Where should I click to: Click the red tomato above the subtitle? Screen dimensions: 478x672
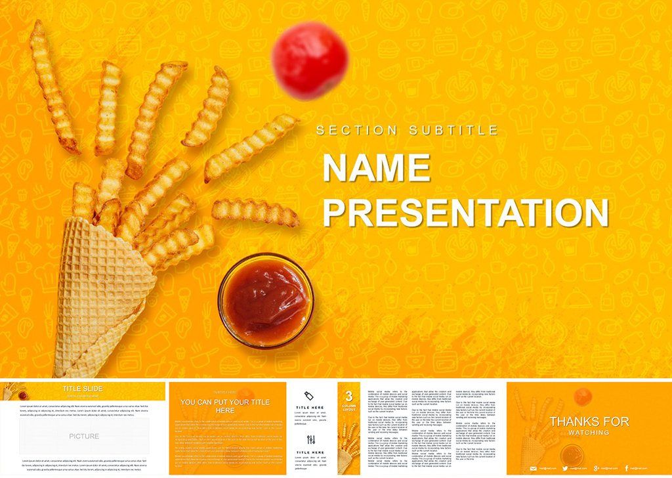[x=309, y=61]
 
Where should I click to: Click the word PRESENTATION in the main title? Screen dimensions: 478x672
[x=465, y=213]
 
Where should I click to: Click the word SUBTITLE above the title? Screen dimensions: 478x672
[x=453, y=131]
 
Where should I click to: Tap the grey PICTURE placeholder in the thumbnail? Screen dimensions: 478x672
[x=84, y=436]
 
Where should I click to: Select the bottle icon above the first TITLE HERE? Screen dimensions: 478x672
[x=311, y=395]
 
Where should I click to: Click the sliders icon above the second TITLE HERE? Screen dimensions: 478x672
[x=311, y=439]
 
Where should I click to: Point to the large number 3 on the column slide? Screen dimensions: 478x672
[x=348, y=395]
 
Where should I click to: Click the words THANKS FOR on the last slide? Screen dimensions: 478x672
[x=589, y=422]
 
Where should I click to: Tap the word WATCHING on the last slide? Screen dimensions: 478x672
[x=589, y=433]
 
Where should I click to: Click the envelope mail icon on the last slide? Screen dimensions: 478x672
[x=534, y=467]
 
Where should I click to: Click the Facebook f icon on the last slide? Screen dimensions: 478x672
[x=627, y=467]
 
